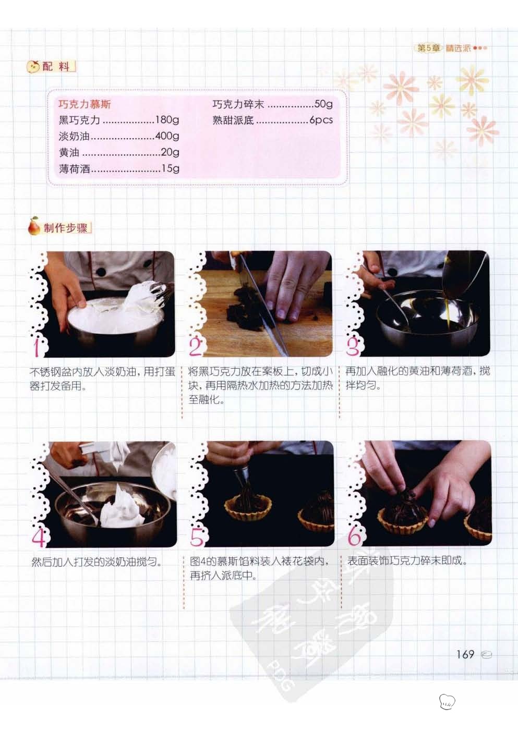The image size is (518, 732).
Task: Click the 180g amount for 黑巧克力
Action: pos(167,120)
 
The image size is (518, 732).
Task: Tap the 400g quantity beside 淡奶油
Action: pos(167,136)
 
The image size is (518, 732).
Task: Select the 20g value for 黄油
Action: pos(170,152)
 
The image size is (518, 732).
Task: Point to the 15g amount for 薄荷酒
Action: pos(171,168)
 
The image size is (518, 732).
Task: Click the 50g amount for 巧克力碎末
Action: pos(323,104)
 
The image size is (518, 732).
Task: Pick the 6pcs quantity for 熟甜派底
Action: pos(321,120)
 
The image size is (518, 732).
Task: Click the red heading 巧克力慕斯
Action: pos(85,104)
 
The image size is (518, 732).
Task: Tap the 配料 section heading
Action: pos(56,67)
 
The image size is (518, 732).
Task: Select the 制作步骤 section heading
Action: pos(66,228)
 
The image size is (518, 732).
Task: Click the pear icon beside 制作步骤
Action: pos(34,226)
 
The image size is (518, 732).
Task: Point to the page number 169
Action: pos(465,654)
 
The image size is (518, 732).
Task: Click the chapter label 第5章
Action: pos(429,48)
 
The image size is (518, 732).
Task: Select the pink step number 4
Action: pos(39,536)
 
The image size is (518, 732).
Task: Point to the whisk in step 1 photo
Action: pos(159,295)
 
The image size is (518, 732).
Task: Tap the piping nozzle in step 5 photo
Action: pos(240,477)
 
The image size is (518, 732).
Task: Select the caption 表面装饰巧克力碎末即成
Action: pos(407,561)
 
